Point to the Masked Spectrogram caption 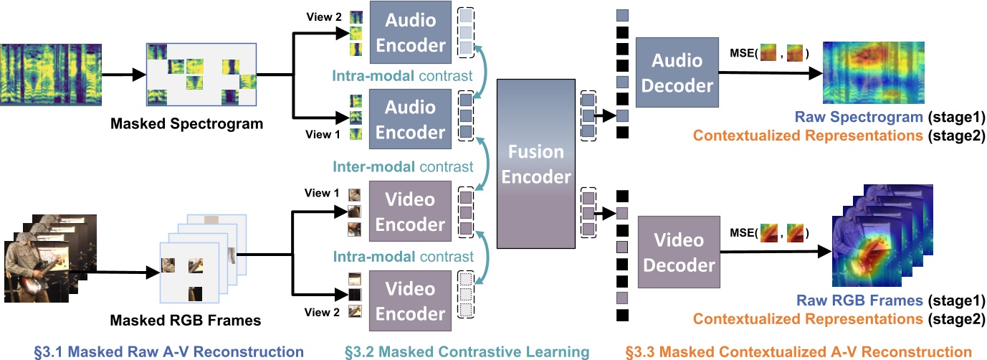coord(186,124)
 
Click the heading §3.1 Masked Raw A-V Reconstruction coord(169,351)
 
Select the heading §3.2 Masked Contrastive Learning coord(467,351)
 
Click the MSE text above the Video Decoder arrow coord(740,233)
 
